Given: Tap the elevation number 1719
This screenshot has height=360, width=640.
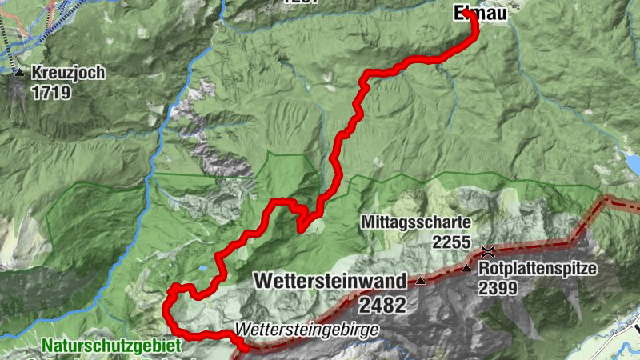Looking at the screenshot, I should pos(51,92).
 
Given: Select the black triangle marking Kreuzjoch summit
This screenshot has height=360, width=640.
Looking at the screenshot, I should pos(19,72).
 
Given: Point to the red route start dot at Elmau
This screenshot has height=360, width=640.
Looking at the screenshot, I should pos(466,12).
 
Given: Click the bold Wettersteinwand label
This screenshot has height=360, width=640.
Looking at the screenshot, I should pos(330,281).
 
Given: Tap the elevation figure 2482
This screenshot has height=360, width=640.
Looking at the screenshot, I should pos(382,305).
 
